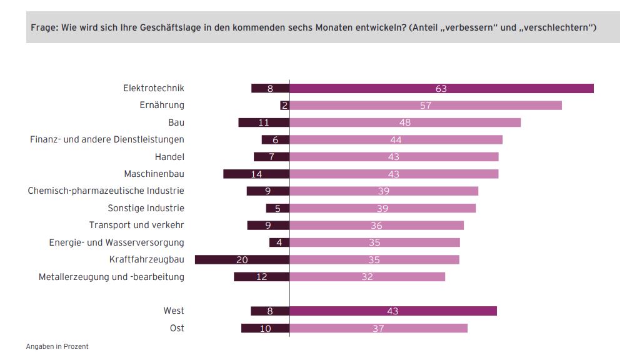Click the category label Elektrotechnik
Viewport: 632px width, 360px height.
tap(153, 88)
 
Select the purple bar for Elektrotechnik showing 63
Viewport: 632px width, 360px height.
tap(441, 88)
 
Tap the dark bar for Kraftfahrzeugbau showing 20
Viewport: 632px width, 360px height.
tap(242, 259)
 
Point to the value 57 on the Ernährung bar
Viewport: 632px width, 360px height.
tap(426, 106)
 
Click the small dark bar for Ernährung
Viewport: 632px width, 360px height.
tap(284, 106)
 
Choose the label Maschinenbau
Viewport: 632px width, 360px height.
tap(154, 174)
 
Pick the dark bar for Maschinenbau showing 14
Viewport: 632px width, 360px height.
tap(256, 174)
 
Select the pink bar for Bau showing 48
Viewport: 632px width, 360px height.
tap(405, 122)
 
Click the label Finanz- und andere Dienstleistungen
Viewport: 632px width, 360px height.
tap(107, 139)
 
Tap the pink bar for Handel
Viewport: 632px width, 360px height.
tap(394, 157)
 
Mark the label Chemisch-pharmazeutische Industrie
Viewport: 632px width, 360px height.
tap(106, 191)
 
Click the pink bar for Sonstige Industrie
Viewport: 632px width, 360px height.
tap(383, 208)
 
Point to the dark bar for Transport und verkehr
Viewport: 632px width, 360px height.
tap(268, 225)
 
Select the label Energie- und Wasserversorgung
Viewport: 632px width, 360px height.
tap(116, 242)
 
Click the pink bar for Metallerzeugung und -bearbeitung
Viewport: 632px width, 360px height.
tap(367, 276)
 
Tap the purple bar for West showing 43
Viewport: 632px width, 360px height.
tap(393, 311)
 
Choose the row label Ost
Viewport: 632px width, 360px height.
tap(177, 328)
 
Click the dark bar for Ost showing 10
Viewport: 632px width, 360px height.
tap(265, 328)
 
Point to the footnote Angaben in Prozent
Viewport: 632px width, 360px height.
tap(57, 346)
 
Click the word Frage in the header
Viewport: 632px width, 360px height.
tap(43, 27)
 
